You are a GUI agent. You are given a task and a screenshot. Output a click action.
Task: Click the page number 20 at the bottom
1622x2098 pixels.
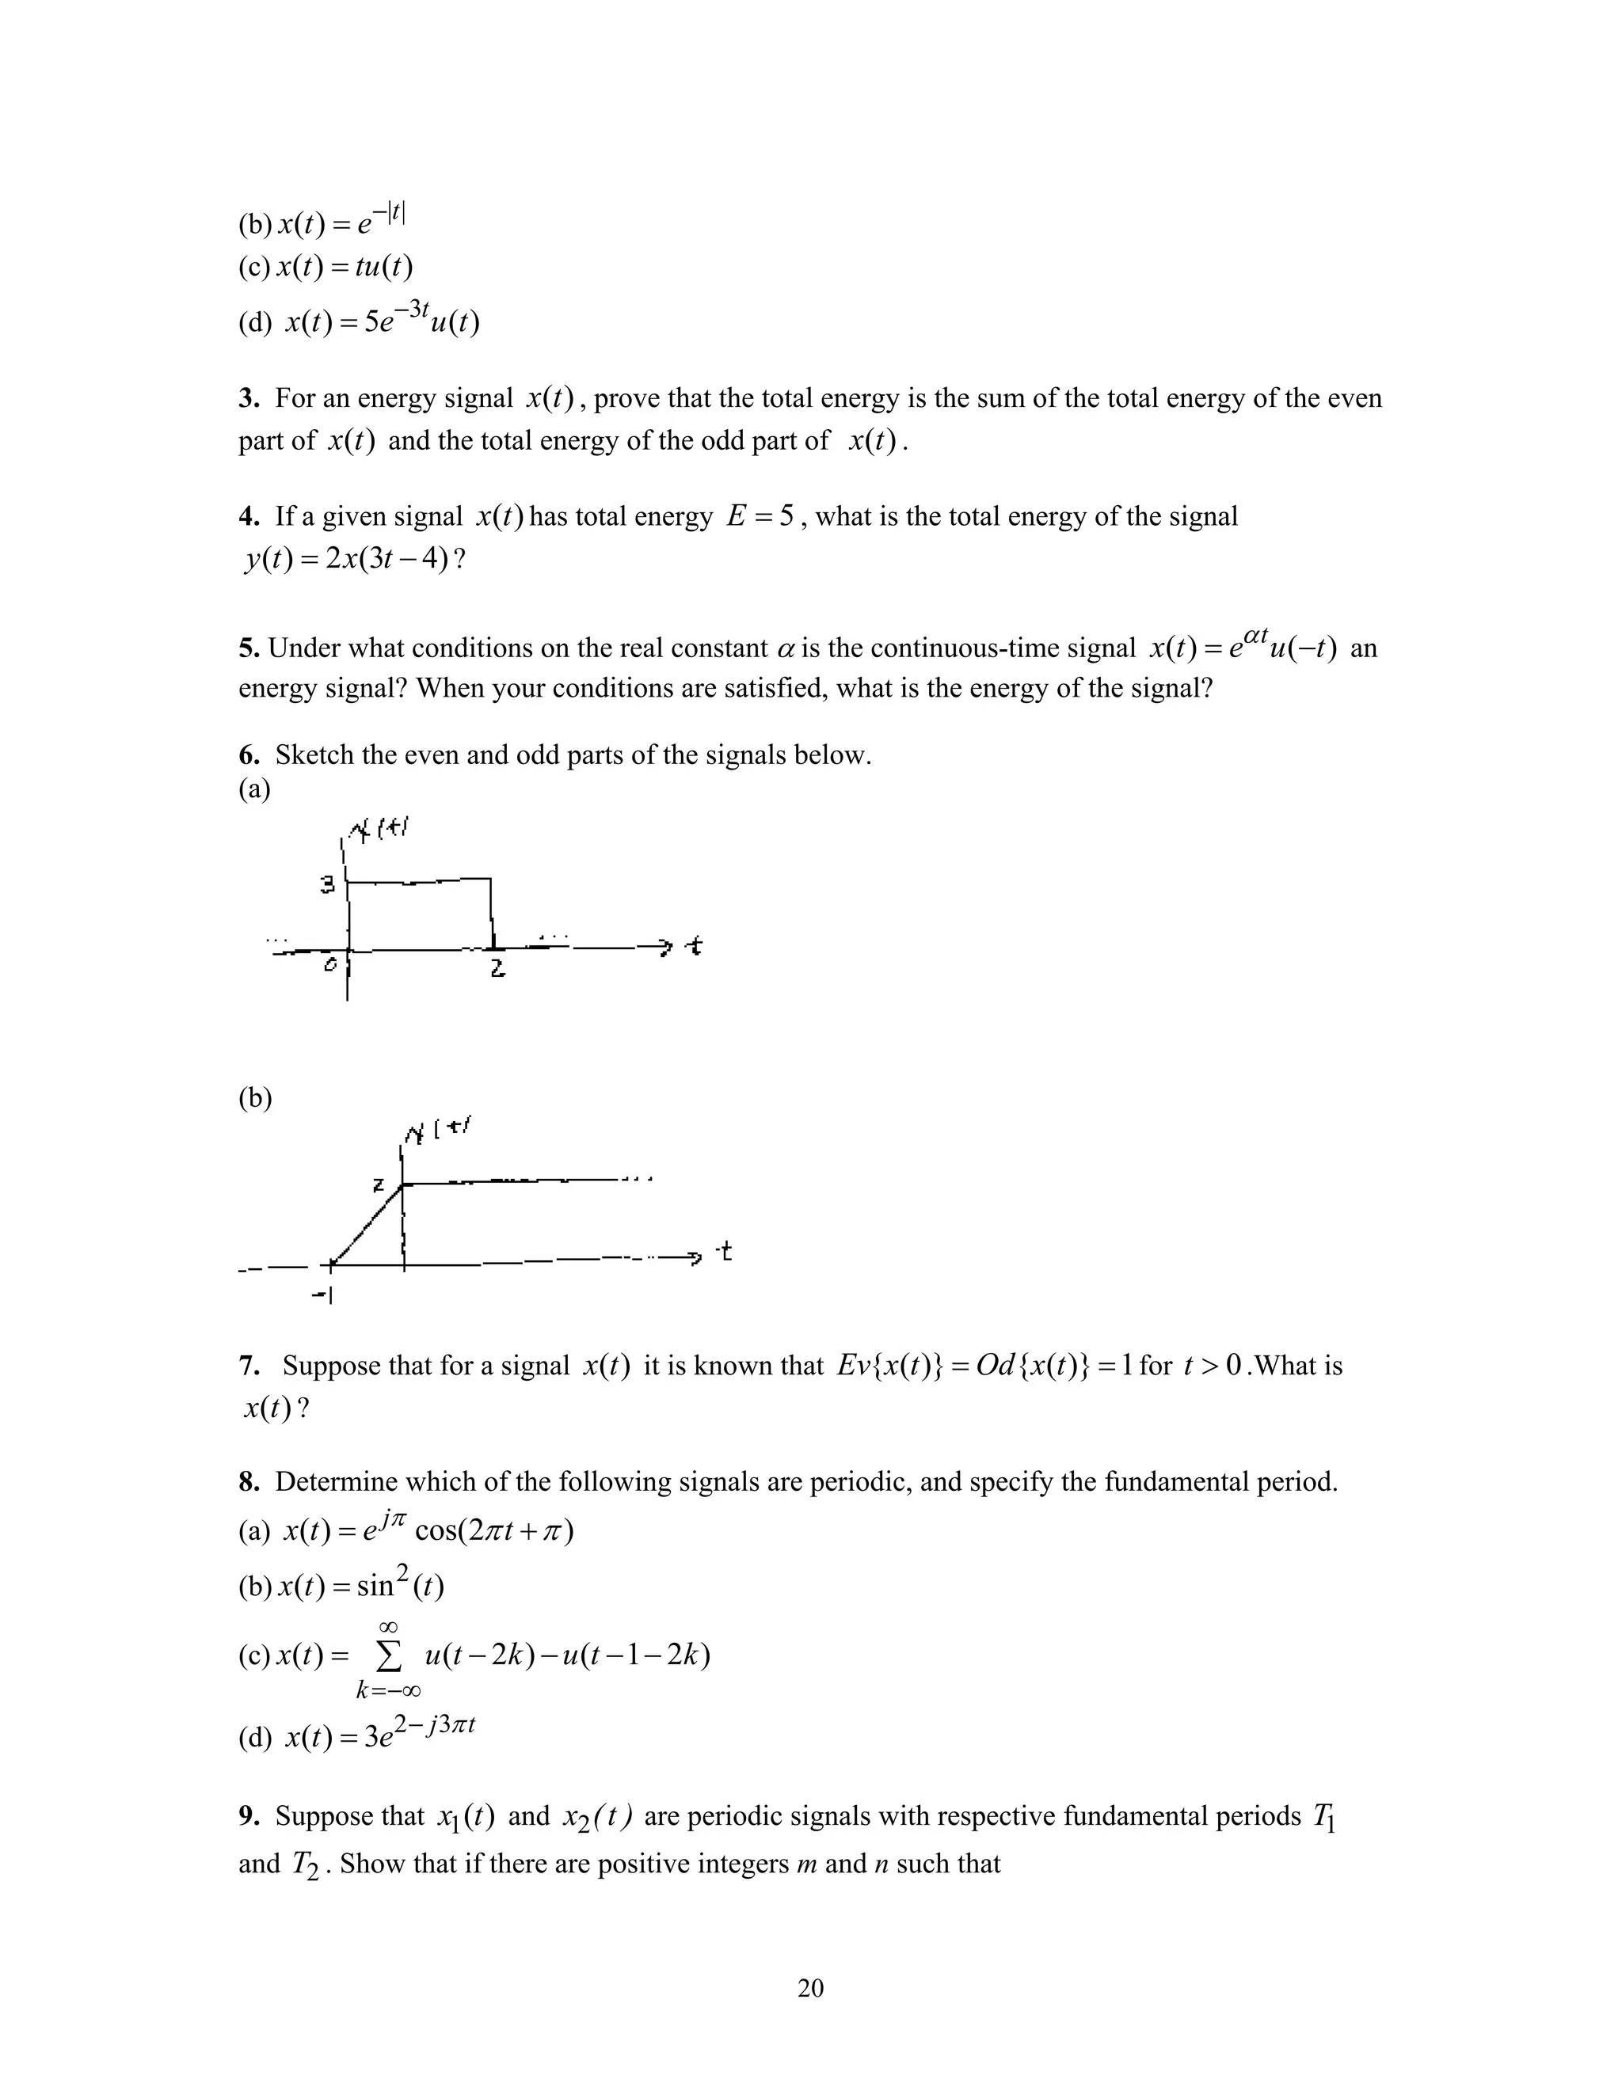810,1987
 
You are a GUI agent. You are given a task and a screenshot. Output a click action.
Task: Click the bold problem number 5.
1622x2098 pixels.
249,648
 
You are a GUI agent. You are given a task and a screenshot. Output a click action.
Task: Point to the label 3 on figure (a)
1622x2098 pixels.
328,885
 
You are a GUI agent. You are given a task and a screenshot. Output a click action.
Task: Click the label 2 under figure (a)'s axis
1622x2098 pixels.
497,971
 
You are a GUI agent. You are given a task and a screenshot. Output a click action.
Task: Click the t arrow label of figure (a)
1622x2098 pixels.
693,947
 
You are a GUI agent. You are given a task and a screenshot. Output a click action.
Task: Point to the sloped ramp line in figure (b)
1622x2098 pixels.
367,1224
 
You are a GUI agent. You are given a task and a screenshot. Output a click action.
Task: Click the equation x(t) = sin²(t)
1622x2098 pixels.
360,1585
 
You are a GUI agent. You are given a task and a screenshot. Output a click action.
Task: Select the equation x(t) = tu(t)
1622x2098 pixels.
344,267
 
